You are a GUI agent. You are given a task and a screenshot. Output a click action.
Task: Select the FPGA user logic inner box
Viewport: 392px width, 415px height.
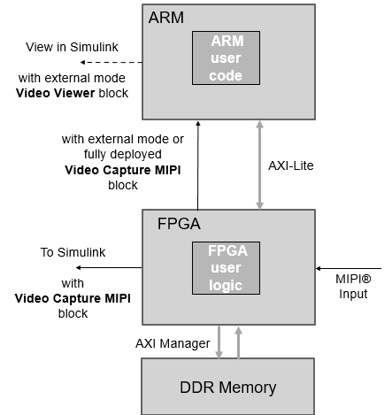pyautogui.click(x=227, y=266)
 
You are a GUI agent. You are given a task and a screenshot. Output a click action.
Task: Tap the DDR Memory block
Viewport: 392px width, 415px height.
pyautogui.click(x=228, y=387)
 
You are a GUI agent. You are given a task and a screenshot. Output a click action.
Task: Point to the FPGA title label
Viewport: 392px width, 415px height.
pyautogui.click(x=173, y=224)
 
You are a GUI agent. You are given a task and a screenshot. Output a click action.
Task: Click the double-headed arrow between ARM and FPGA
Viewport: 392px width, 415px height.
pyautogui.click(x=259, y=165)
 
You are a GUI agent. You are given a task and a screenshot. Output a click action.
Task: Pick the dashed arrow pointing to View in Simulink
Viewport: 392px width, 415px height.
pyautogui.click(x=110, y=63)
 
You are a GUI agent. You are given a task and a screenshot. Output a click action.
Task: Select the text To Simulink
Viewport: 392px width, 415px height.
pyautogui.click(x=73, y=252)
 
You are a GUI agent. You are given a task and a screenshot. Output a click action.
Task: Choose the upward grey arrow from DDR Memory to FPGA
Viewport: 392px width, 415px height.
pyautogui.click(x=237, y=341)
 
